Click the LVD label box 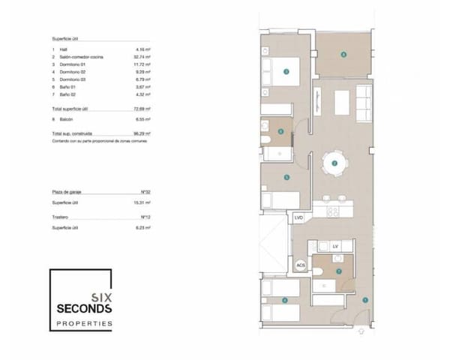298,218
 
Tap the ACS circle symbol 300,265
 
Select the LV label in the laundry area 334,246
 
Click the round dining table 334,163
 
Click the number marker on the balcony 343,55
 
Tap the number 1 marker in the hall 364,300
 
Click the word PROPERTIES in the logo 85,324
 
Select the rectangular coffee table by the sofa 342,100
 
